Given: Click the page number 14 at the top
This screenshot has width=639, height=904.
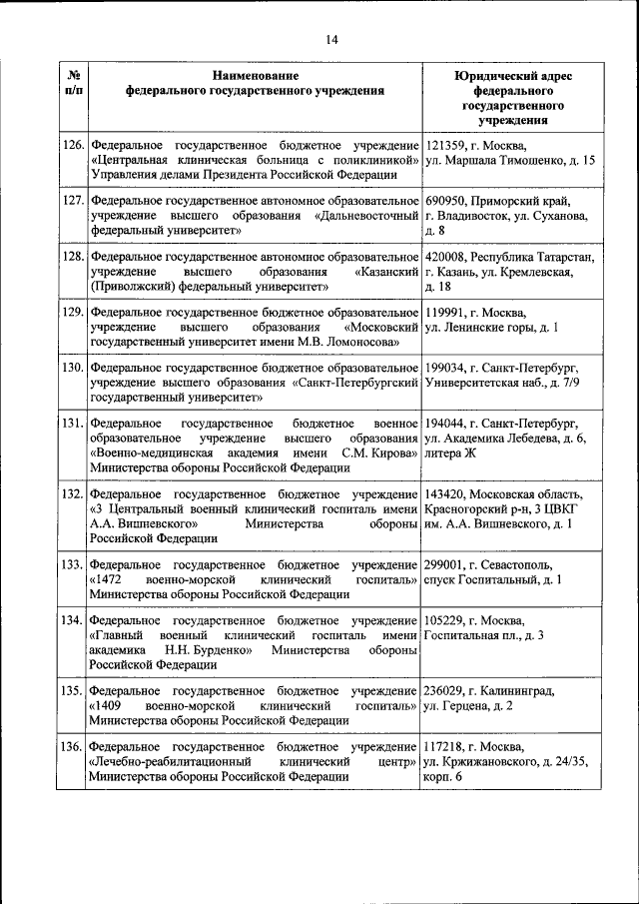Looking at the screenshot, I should pos(331,39).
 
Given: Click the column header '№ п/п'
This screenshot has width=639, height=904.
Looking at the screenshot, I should pos(72,82).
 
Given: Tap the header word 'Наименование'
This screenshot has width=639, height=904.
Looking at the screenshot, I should pos(255,75).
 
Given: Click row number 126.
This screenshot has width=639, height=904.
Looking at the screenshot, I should pos(72,145).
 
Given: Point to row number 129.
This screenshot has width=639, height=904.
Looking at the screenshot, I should pos(72,313).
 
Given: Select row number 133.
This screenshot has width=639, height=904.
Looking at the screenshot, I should pos(72,564).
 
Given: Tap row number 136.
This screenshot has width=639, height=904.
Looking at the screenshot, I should pos(72,746).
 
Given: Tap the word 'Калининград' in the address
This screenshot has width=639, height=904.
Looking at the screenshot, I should pos(525,690).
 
